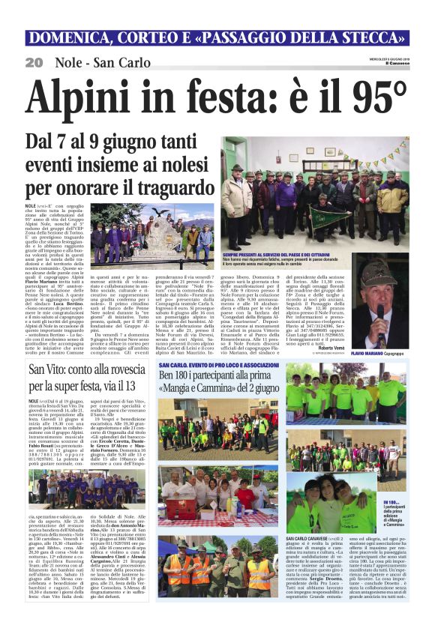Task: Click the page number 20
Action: click(34, 61)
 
